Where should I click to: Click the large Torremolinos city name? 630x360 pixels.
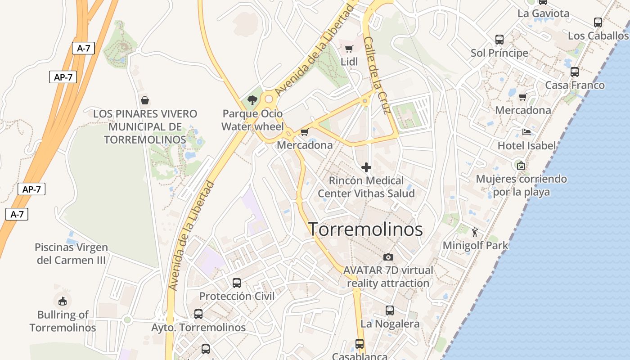coord(365,229)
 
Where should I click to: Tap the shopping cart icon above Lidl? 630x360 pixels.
coord(349,49)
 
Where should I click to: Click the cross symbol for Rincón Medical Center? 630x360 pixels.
coord(366,167)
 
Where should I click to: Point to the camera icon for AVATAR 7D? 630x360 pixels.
coord(388,257)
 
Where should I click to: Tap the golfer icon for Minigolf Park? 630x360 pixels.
coord(475,232)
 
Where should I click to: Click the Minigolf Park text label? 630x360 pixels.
coord(475,246)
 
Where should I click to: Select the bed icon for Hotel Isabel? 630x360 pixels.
coord(526,132)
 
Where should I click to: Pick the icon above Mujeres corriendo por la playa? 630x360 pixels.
coord(521,166)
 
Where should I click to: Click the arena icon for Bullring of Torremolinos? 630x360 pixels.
coord(63,301)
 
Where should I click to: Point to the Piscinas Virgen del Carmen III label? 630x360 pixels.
coord(71,254)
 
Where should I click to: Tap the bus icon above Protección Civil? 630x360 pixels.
coord(237,283)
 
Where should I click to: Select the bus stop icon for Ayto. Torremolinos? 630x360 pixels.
coord(198,314)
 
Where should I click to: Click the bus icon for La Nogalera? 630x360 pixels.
coord(390,310)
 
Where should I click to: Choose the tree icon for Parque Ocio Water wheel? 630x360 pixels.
coord(252,100)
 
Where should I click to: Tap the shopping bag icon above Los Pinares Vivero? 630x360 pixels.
coord(145,100)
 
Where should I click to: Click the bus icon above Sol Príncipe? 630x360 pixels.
coord(499,40)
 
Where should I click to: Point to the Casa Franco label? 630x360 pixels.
coord(575,85)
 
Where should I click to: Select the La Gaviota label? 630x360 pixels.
coord(543,13)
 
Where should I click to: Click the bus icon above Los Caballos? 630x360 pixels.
coord(598,22)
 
